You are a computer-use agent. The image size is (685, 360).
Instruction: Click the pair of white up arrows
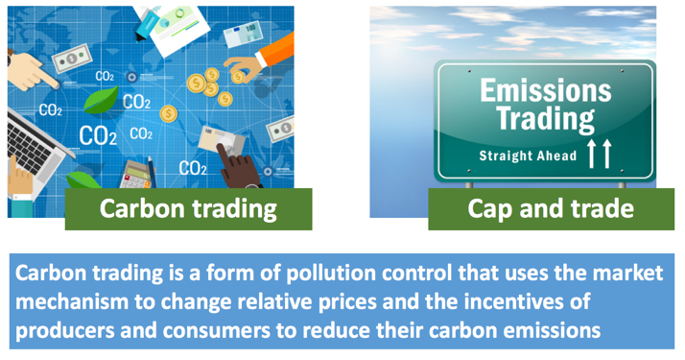coord(599,152)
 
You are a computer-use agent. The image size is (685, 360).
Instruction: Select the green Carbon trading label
coord(188,208)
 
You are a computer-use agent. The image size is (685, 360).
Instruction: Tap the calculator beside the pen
coord(140,173)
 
